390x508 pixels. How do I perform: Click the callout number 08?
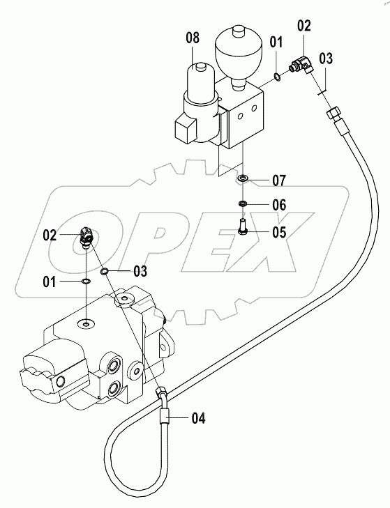[193, 38]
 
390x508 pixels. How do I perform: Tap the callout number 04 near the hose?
[199, 418]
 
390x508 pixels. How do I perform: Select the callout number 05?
[279, 232]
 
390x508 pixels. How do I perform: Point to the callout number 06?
[279, 205]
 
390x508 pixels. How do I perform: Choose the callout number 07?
[279, 180]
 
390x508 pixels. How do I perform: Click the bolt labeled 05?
[243, 226]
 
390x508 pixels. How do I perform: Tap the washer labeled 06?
[242, 203]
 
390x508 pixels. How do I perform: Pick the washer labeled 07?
[242, 178]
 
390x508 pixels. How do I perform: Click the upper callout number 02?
[303, 26]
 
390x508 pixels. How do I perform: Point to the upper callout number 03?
[326, 59]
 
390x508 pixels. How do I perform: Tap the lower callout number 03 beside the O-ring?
[140, 271]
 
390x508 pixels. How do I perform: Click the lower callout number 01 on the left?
[50, 282]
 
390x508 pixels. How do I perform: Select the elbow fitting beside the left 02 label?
[86, 238]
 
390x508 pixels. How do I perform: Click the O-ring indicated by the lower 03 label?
[105, 271]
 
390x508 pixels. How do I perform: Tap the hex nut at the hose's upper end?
[333, 114]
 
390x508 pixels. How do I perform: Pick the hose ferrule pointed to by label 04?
[165, 416]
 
